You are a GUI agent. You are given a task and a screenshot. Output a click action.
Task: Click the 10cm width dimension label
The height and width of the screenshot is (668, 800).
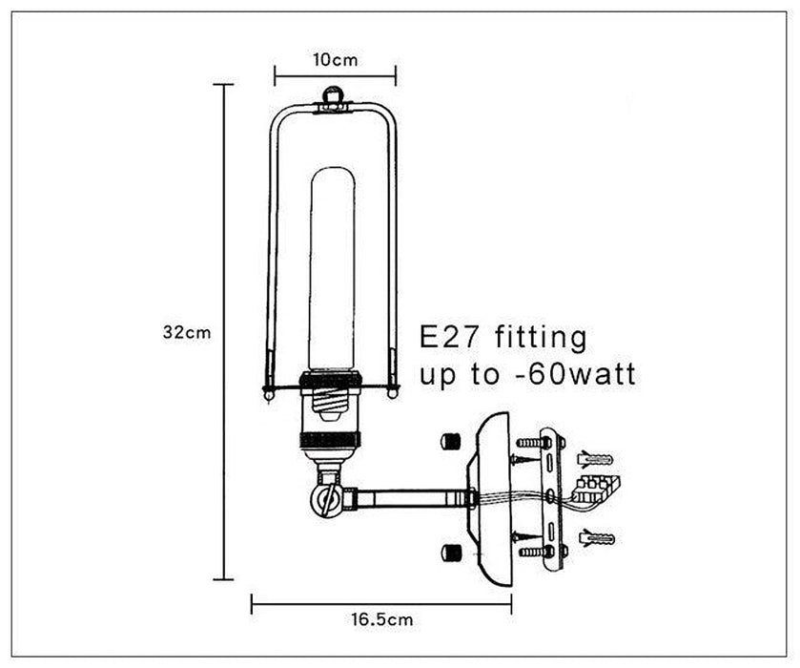(x=336, y=60)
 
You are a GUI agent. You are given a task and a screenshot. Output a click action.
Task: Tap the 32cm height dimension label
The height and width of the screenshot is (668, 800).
(x=187, y=332)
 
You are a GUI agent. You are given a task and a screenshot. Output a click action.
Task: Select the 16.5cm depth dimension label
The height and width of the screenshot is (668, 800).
(x=382, y=619)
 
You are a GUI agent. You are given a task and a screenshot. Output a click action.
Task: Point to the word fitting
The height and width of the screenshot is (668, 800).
(x=542, y=339)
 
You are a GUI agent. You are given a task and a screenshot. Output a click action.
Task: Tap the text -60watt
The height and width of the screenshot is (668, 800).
(x=573, y=374)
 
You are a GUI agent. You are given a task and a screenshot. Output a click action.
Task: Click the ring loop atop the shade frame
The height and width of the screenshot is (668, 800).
(x=333, y=95)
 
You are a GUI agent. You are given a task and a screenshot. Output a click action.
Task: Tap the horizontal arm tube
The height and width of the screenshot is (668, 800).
(x=412, y=498)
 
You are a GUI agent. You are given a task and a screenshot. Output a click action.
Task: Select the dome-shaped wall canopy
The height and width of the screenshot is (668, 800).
(x=489, y=499)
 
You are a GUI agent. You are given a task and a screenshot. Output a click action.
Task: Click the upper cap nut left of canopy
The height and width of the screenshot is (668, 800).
(x=450, y=441)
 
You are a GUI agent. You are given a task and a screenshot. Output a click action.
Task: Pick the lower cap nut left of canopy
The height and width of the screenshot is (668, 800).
(x=450, y=552)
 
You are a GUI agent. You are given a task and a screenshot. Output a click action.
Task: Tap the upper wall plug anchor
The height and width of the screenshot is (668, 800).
(x=595, y=459)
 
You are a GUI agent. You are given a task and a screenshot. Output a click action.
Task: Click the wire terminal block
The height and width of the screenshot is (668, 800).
(x=595, y=489)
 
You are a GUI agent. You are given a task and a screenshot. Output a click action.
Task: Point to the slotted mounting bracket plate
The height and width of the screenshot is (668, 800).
(x=552, y=499)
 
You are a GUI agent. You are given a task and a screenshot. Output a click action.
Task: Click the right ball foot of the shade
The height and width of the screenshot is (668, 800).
(x=392, y=394)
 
